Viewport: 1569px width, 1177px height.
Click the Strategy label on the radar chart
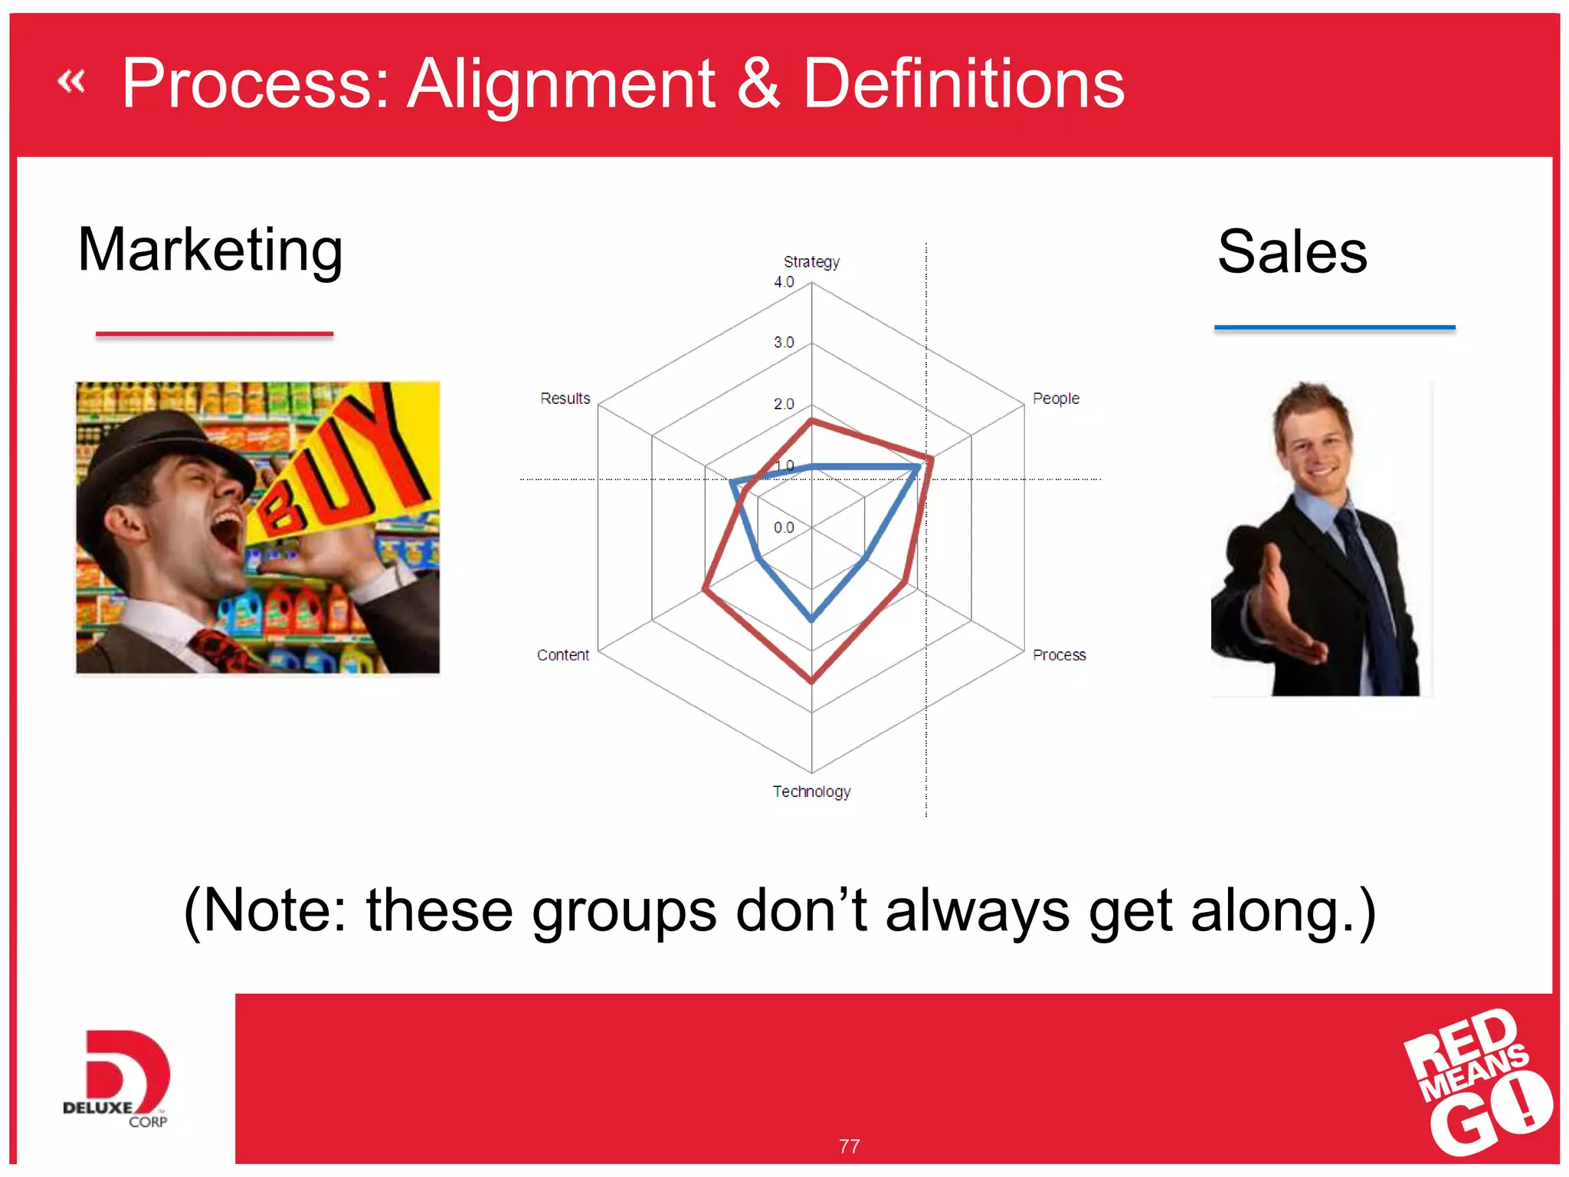click(811, 262)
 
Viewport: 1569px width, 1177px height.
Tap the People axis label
click(1055, 398)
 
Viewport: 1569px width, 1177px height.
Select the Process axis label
click(1059, 655)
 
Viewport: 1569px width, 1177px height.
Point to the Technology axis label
click(811, 792)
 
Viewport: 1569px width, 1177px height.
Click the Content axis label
click(562, 655)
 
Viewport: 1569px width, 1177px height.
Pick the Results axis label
click(565, 398)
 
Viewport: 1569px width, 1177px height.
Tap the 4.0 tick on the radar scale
click(784, 282)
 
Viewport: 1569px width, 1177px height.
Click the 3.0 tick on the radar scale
click(784, 343)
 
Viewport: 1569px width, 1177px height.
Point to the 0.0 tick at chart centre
click(784, 527)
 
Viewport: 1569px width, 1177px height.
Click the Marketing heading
click(210, 250)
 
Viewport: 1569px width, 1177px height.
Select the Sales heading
click(1292, 252)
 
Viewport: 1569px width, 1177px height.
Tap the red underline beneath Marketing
click(214, 334)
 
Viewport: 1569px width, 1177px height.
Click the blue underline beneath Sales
click(1334, 327)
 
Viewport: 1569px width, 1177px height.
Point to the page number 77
click(849, 1146)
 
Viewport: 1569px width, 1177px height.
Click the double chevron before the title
click(71, 81)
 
